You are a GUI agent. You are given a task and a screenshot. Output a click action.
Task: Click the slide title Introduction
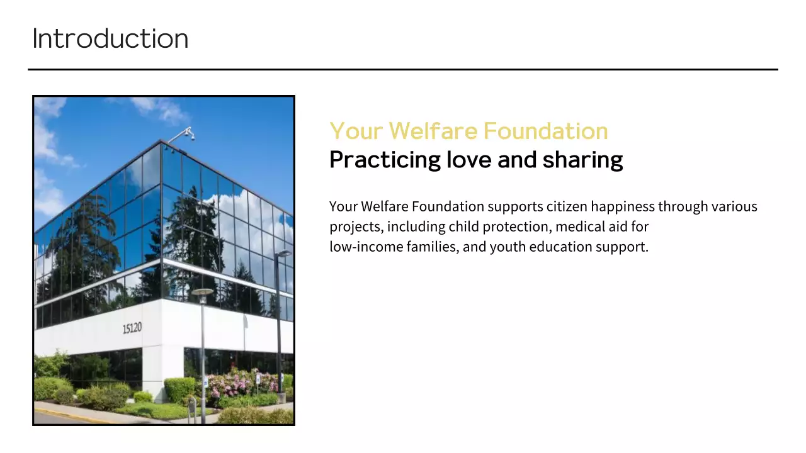pyautogui.click(x=110, y=39)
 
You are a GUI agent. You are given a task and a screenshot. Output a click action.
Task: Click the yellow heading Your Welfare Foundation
pyautogui.click(x=468, y=131)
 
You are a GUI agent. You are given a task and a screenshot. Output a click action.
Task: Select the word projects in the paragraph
pyautogui.click(x=355, y=226)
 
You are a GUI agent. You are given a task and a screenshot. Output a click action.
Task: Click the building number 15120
pyautogui.click(x=132, y=328)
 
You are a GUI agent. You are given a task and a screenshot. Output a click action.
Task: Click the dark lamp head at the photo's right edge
pyautogui.click(x=283, y=254)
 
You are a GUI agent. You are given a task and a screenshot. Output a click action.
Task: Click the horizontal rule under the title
pyautogui.click(x=403, y=69)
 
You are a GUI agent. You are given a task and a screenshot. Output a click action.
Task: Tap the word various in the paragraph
pyautogui.click(x=734, y=206)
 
